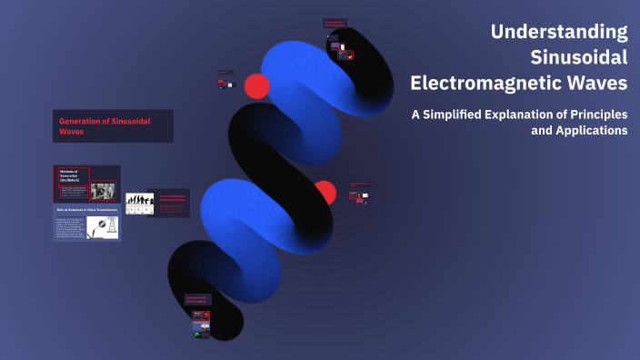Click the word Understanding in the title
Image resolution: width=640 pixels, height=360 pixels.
click(559, 32)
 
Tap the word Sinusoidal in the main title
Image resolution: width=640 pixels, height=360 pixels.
click(579, 57)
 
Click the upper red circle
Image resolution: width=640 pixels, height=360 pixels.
click(257, 86)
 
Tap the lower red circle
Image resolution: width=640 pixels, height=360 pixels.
click(325, 193)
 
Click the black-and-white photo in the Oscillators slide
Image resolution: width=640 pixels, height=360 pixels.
click(104, 191)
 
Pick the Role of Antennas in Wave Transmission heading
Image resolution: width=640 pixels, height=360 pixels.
click(86, 210)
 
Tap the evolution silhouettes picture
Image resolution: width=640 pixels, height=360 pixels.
click(138, 204)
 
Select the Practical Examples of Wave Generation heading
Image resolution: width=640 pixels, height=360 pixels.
click(172, 197)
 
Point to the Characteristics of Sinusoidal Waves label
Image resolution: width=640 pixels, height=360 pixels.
click(335, 24)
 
